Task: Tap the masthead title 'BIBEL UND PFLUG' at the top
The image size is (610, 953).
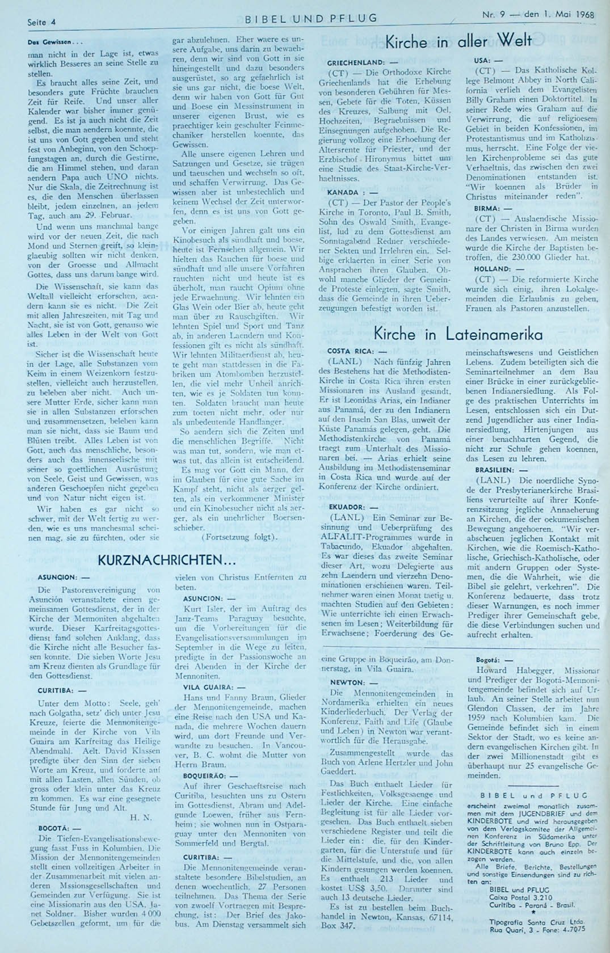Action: pyautogui.click(x=311, y=18)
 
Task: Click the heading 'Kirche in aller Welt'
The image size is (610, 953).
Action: pyautogui.click(x=458, y=41)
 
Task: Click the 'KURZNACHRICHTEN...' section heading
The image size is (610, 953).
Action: pyautogui.click(x=167, y=560)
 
